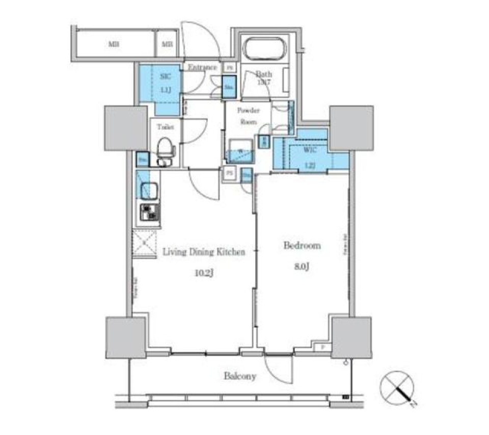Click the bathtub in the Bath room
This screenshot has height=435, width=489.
coord(265,50)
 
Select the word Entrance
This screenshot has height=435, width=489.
coord(202,67)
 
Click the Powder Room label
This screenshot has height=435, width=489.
coord(249,116)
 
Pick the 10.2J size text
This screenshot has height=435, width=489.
coord(203,273)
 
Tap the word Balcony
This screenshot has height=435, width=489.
coord(239,376)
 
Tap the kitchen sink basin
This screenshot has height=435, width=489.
coord(147,189)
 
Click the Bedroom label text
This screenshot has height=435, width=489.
coord(302,246)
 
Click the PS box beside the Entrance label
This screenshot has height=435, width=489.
coord(230,67)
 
